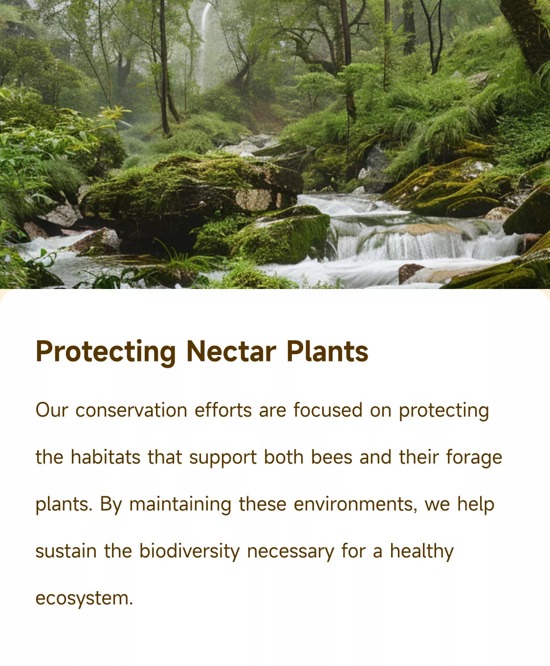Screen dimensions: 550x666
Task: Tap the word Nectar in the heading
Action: (x=231, y=352)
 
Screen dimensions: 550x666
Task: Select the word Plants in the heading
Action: (x=328, y=351)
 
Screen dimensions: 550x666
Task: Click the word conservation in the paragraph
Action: (x=132, y=410)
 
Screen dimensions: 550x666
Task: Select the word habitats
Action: (x=106, y=457)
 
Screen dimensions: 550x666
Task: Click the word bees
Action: (x=331, y=457)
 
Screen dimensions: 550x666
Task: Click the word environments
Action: (x=355, y=505)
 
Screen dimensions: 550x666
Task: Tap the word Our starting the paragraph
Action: (x=52, y=410)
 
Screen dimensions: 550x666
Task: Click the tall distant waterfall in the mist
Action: (x=203, y=44)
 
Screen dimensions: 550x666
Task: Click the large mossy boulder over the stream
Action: (x=191, y=188)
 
